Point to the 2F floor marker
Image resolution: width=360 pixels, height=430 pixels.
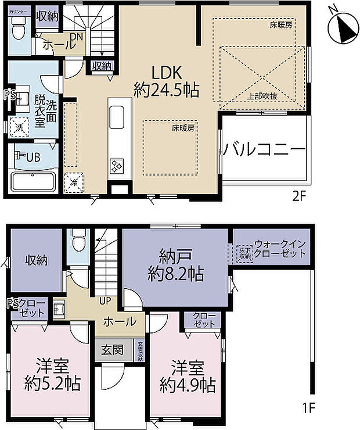298,196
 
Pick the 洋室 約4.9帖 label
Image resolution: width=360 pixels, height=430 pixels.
187,376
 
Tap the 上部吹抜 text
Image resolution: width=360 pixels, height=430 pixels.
262,96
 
